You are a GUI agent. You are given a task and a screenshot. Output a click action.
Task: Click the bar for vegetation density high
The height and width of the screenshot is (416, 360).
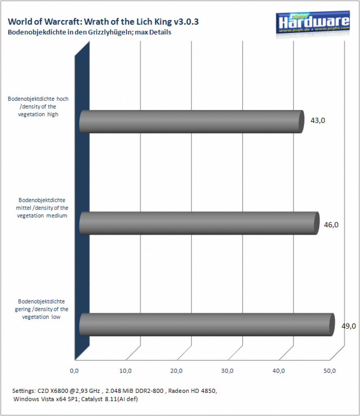(x=191, y=121)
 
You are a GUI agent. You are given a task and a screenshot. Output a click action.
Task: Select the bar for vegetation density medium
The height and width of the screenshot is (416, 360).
(x=199, y=223)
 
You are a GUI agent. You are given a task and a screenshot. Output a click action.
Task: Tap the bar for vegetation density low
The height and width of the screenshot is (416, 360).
(x=207, y=325)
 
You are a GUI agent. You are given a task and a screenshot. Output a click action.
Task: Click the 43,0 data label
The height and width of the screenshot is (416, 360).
(x=318, y=120)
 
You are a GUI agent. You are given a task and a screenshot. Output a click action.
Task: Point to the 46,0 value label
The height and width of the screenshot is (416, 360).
(x=331, y=225)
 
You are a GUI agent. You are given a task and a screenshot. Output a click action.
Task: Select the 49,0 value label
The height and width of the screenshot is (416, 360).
(x=349, y=326)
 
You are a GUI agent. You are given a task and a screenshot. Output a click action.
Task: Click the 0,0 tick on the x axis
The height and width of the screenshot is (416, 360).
(x=74, y=371)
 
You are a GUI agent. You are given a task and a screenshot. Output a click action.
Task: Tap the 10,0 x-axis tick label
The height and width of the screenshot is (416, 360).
(x=125, y=371)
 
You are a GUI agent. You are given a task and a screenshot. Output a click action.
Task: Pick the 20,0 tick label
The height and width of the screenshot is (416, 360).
(x=176, y=371)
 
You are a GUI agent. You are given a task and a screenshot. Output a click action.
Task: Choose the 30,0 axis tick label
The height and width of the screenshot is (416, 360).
(x=228, y=371)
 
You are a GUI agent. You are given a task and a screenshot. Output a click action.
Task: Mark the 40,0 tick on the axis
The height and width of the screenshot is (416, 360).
(x=279, y=371)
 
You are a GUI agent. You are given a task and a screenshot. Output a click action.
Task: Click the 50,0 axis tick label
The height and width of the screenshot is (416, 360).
(x=330, y=371)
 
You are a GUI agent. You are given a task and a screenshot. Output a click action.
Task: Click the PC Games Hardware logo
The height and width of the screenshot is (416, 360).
(x=313, y=24)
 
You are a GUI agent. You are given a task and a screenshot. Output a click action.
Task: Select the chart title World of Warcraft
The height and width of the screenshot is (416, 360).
(x=103, y=22)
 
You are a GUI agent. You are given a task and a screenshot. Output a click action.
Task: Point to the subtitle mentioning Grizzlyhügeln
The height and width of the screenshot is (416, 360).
(x=89, y=32)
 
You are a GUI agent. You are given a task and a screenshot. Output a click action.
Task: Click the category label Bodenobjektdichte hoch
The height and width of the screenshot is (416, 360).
(x=38, y=106)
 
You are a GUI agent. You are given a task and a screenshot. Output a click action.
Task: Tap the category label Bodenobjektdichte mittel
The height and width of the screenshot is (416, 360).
(x=42, y=208)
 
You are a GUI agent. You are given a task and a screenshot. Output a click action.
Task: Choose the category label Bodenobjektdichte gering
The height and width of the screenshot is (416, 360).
(x=41, y=309)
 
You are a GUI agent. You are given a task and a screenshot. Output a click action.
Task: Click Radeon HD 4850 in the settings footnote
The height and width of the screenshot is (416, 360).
(x=192, y=391)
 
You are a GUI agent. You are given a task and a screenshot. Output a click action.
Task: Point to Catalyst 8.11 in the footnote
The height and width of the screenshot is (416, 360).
(x=99, y=399)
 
